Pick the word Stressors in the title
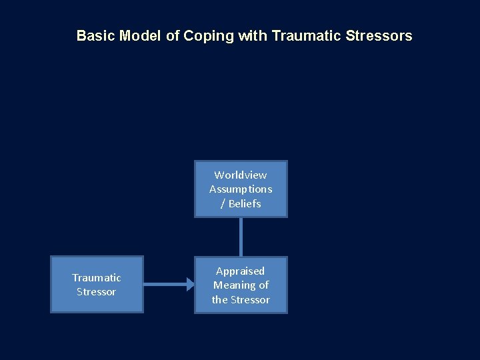tap(379, 36)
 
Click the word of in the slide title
tap(173, 36)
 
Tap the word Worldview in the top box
tap(241, 175)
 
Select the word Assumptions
tap(241, 189)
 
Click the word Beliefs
tap(245, 203)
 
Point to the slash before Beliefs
tap(223, 203)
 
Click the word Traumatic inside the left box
tap(97, 277)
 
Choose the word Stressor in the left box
tap(97, 291)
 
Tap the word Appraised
tap(241, 271)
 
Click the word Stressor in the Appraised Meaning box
tap(250, 299)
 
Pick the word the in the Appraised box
tap(220, 299)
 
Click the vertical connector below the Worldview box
tap(241, 237)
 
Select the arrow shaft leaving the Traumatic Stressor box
tap(163, 285)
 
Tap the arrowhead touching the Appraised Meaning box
tap(190, 285)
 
